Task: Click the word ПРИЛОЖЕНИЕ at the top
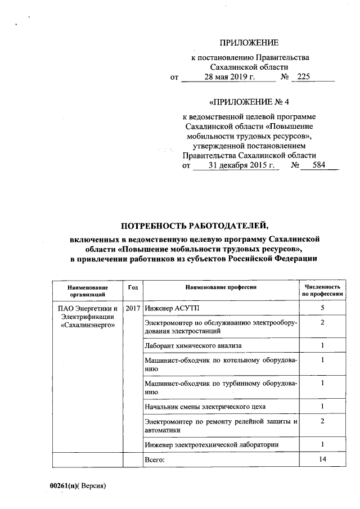(249, 43)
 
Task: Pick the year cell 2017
(133, 309)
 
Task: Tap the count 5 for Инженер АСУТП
(322, 308)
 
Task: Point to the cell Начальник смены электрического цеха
(205, 406)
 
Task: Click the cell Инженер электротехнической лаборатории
(211, 445)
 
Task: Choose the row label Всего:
(155, 460)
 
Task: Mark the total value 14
(322, 460)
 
